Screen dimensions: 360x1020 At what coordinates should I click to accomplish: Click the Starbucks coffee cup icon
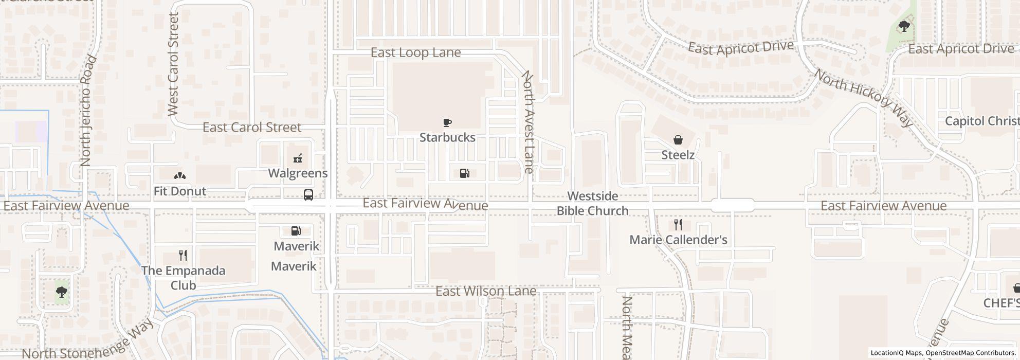click(447, 122)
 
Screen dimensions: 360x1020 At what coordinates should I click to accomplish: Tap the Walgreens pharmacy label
click(298, 173)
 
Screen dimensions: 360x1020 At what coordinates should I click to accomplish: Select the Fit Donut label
click(179, 191)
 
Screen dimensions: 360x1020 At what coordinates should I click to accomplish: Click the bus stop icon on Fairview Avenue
click(308, 195)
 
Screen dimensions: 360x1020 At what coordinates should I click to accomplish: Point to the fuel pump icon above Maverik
click(296, 231)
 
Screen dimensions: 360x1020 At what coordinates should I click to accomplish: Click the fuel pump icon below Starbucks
click(464, 173)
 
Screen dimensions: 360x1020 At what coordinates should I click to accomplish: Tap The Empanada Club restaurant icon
click(183, 255)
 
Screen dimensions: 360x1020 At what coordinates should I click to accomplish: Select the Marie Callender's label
click(678, 240)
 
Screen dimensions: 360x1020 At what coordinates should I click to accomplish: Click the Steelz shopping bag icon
click(678, 140)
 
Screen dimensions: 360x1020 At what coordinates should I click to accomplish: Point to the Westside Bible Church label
click(593, 204)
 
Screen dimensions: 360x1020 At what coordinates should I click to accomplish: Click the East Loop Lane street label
click(415, 52)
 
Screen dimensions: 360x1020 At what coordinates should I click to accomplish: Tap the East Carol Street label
click(252, 127)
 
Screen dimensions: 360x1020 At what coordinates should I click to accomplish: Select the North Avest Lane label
click(529, 122)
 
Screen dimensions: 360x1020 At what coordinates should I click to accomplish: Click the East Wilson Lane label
click(486, 292)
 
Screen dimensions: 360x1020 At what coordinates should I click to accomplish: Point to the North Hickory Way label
click(864, 98)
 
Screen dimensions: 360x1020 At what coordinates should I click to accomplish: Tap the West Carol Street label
click(173, 64)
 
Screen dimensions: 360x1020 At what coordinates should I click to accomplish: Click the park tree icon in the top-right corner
click(904, 26)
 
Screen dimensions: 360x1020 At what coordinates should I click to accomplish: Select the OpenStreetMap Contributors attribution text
click(970, 353)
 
